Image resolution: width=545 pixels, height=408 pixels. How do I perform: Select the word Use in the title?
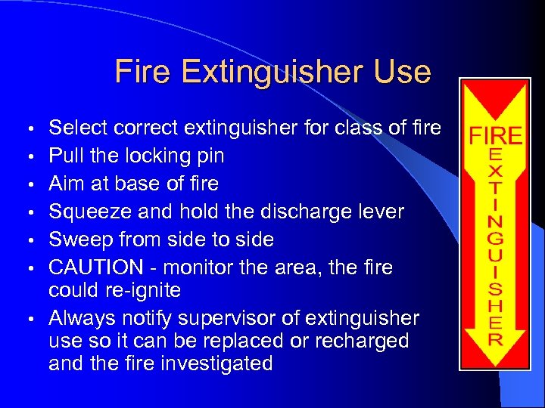[406, 73]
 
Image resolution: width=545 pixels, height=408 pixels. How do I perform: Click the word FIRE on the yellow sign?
[496, 136]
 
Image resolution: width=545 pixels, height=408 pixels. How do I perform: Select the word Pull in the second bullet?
[64, 156]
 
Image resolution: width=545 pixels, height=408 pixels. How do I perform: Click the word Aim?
[65, 184]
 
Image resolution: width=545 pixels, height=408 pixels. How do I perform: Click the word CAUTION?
[95, 267]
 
